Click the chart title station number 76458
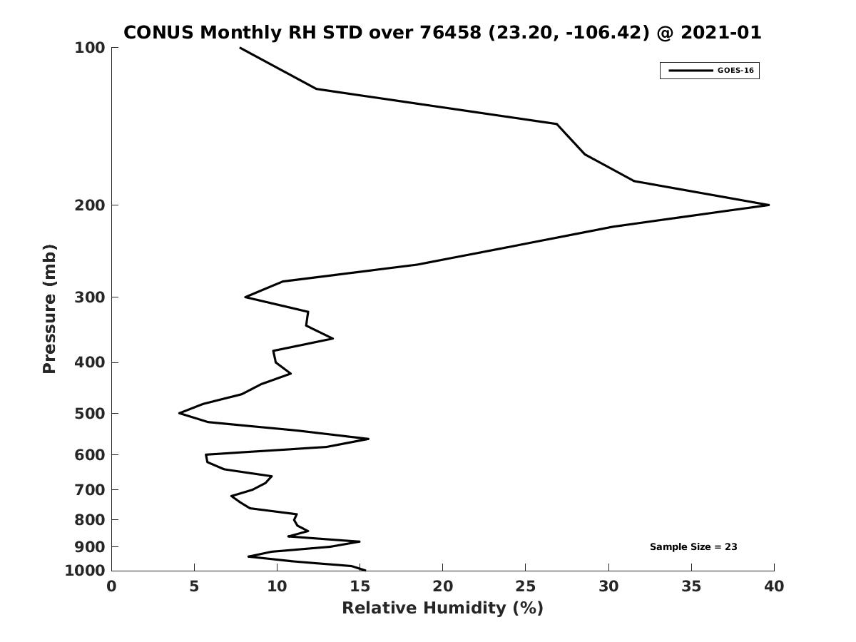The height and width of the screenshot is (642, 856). click(450, 32)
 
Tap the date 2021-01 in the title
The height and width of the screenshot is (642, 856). click(720, 32)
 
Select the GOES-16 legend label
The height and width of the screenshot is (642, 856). click(735, 71)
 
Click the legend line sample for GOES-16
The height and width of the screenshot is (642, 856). click(691, 71)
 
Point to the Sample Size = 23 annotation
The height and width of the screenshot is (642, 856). click(693, 547)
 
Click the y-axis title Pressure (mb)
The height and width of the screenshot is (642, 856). click(49, 309)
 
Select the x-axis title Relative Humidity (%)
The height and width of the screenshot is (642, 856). click(443, 608)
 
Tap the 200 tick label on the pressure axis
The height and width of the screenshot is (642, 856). click(90, 205)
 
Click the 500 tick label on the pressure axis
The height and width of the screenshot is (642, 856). click(90, 413)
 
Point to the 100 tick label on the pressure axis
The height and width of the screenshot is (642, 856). click(90, 48)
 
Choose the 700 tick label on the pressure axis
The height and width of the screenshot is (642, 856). click(90, 489)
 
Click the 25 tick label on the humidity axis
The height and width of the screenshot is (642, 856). click(525, 586)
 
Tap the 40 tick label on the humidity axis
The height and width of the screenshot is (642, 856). click(774, 586)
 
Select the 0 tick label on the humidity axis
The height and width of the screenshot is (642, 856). click(111, 586)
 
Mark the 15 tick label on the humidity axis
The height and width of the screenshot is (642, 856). click(360, 586)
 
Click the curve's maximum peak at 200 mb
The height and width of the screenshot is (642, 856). click(769, 205)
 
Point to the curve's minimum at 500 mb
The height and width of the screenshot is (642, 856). click(179, 413)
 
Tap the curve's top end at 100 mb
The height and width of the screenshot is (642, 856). click(240, 48)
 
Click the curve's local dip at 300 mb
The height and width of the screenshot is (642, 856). click(245, 297)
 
